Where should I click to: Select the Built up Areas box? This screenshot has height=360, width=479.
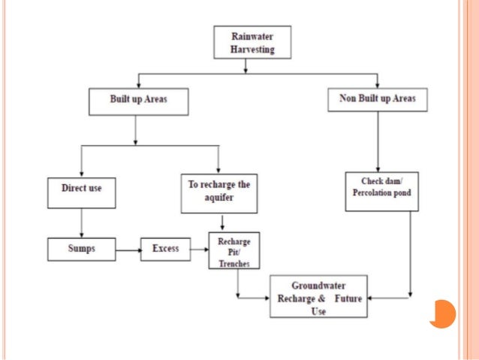[x=137, y=100]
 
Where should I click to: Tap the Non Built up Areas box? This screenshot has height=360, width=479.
[x=378, y=100]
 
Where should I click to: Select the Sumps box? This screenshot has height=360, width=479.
[x=81, y=249]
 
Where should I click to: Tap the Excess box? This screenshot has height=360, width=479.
[x=165, y=249]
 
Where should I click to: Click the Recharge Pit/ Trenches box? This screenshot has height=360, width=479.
[x=233, y=251]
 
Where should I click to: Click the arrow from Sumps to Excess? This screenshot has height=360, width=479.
[x=128, y=249]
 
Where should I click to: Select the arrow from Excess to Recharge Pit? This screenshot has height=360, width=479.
[x=198, y=249]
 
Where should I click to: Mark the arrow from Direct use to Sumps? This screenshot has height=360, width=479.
[x=81, y=223]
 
